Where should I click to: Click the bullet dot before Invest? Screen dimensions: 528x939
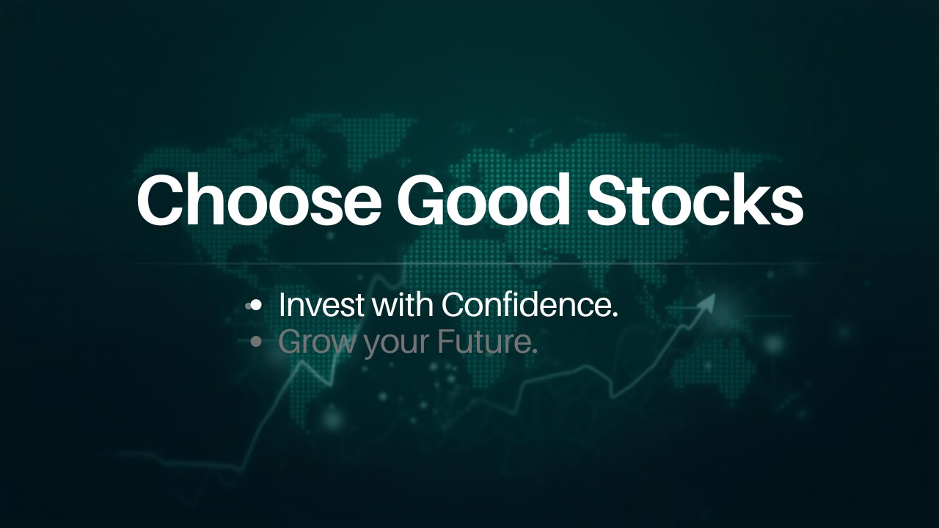pyautogui.click(x=256, y=306)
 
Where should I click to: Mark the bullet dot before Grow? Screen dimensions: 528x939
pyautogui.click(x=256, y=342)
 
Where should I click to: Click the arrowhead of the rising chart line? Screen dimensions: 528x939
pyautogui.click(x=709, y=300)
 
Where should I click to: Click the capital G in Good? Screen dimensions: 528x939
pyautogui.click(x=424, y=199)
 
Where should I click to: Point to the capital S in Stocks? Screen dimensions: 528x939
pyautogui.click(x=607, y=199)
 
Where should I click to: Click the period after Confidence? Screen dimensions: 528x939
pyautogui.click(x=614, y=315)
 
